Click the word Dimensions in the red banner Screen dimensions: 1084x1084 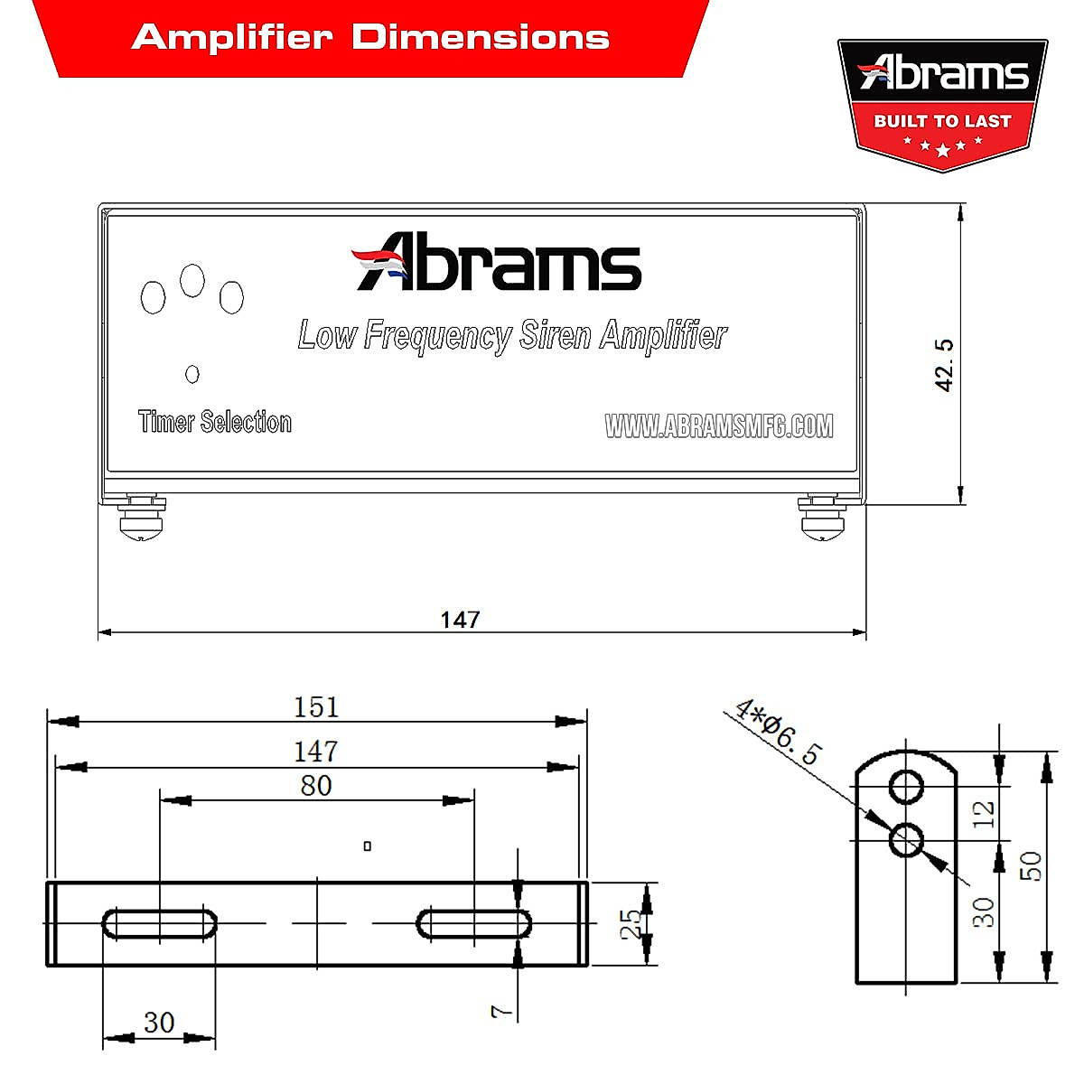(480, 37)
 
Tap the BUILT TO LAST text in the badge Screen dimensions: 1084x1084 (942, 121)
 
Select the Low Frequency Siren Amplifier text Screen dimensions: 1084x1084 (512, 335)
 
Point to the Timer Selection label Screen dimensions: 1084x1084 (215, 422)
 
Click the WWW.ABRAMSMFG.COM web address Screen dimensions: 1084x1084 (718, 425)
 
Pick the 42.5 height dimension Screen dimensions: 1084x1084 (944, 365)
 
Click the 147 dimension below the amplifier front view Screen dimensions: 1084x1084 (460, 620)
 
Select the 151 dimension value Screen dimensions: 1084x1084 (316, 706)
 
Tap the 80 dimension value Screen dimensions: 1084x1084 (316, 786)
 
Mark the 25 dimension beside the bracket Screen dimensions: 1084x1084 (631, 923)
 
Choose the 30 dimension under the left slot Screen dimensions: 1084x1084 (159, 1023)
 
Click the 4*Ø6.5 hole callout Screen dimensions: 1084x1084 (777, 732)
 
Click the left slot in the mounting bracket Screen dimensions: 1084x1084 (160, 923)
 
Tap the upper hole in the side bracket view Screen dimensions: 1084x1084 (906, 787)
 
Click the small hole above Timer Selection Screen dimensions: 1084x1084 (192, 373)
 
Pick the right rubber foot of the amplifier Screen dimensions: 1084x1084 (824, 520)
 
